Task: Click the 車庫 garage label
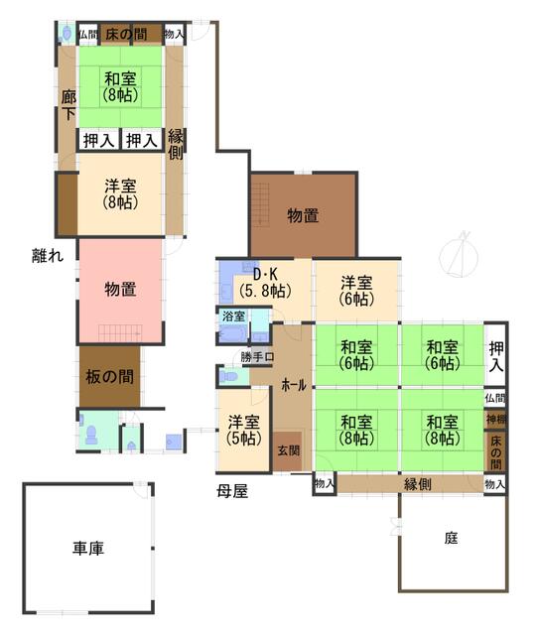click(88, 548)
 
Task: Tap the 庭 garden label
click(451, 538)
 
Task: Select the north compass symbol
click(459, 255)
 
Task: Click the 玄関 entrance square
click(287, 451)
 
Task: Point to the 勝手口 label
click(257, 357)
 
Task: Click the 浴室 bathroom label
click(234, 317)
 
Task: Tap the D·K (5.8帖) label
click(265, 283)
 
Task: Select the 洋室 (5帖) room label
click(243, 430)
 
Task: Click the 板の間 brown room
click(109, 377)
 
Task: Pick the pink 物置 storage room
click(120, 291)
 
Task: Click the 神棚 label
click(495, 419)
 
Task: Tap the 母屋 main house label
click(231, 491)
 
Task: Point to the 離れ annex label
click(48, 256)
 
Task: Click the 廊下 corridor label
click(68, 105)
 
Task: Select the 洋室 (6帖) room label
click(356, 291)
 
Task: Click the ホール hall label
click(294, 385)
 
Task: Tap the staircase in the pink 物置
click(120, 333)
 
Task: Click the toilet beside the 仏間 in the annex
click(67, 33)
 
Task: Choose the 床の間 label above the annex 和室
click(126, 35)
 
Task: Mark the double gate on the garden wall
click(395, 527)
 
